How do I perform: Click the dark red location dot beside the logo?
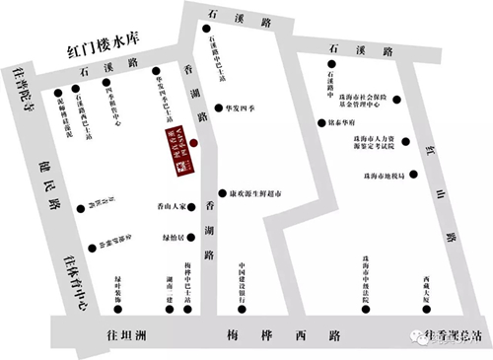click(x=194, y=143)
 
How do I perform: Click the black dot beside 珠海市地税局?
click(x=413, y=175)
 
